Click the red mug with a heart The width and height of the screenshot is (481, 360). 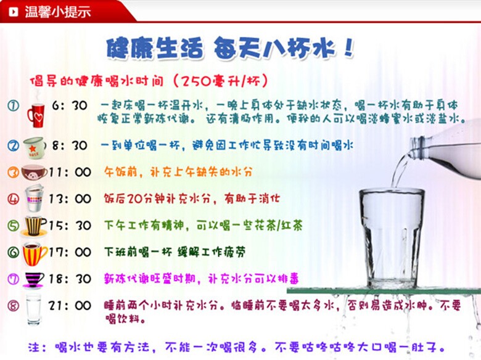pos(35,114)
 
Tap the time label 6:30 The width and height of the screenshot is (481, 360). pos(70,106)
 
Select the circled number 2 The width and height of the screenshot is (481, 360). pos(13,146)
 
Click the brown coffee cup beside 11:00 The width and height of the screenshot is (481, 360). pos(33,172)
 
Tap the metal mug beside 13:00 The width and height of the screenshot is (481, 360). pos(34,198)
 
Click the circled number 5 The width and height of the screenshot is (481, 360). pos(13,226)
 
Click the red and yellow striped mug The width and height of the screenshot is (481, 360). pos(34,253)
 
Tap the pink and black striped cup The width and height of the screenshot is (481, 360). pos(33,279)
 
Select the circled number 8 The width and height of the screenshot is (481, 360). pos(13,305)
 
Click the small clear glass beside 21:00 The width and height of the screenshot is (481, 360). pos(33,308)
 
